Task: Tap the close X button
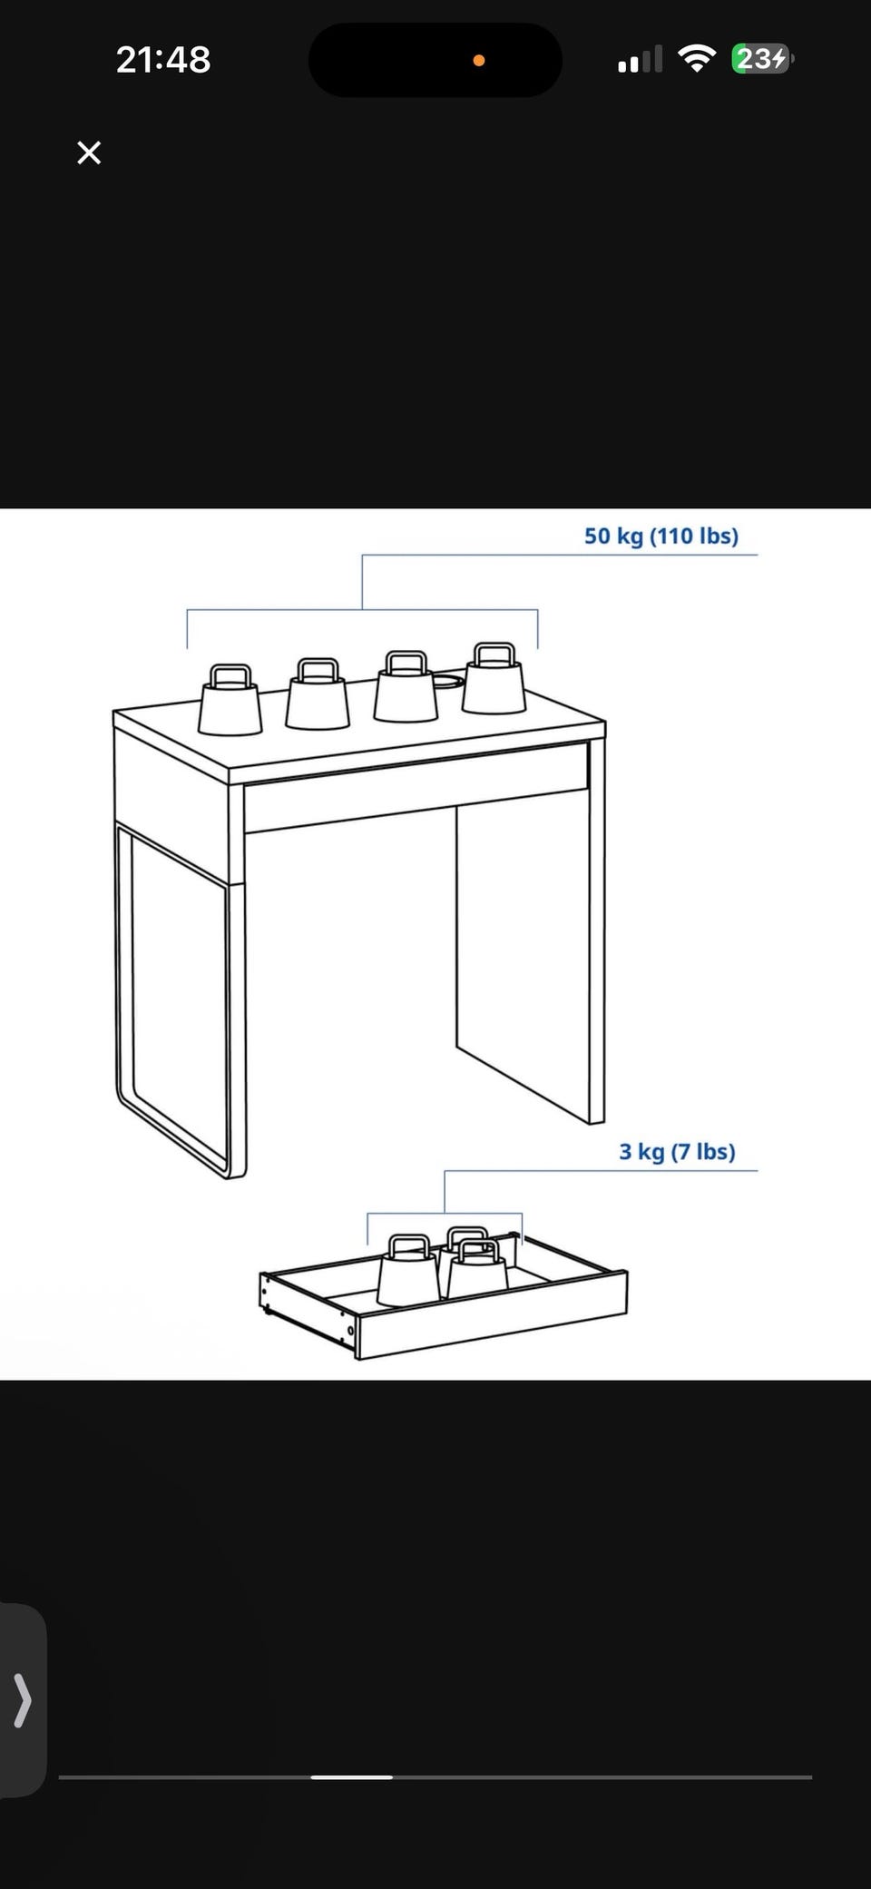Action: (x=89, y=152)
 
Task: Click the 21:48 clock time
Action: (x=163, y=60)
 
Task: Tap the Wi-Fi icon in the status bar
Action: (x=697, y=59)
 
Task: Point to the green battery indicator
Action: (x=762, y=59)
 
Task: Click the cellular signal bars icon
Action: (x=641, y=60)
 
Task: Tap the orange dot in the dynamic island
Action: (x=479, y=61)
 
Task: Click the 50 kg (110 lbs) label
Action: (x=661, y=536)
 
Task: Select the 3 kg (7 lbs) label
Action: (x=677, y=1151)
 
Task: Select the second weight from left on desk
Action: (x=318, y=694)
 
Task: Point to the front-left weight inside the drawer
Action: (x=408, y=1271)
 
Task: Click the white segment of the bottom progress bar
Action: (x=352, y=1776)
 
